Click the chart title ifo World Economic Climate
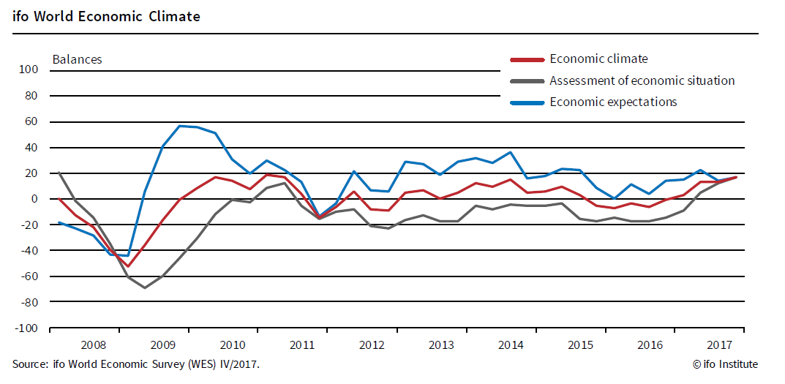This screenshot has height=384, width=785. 106,16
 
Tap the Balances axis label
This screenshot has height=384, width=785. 77,59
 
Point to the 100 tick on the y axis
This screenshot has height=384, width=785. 28,70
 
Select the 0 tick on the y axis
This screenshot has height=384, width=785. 34,199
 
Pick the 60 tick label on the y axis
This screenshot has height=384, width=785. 31,121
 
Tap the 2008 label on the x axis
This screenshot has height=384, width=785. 92,345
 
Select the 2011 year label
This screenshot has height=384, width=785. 301,345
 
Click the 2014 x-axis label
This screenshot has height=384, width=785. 511,345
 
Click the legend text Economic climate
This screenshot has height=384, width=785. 598,59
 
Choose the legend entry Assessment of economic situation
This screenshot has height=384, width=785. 642,80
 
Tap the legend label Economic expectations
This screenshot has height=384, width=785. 613,102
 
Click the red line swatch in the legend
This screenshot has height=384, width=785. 527,59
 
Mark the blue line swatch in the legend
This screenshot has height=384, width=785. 527,102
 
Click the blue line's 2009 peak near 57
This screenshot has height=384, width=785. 180,126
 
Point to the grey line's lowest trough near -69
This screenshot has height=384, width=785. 145,287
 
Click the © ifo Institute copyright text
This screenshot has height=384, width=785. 725,364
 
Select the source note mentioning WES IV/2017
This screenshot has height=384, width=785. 135,364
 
